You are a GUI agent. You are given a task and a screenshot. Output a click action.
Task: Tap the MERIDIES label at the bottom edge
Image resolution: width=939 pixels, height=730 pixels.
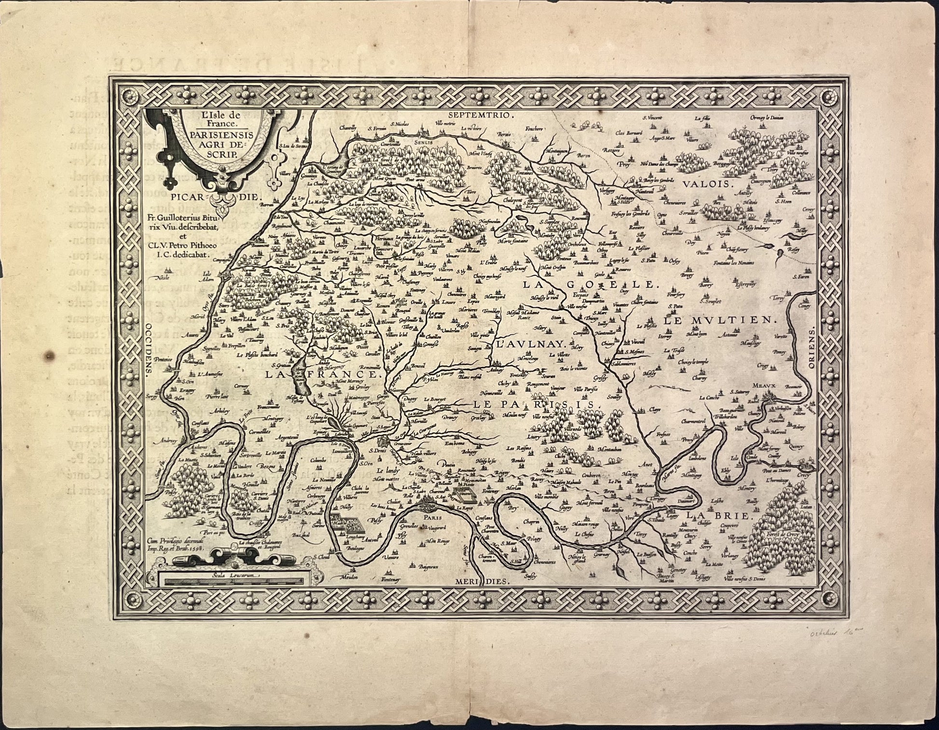tap(482, 582)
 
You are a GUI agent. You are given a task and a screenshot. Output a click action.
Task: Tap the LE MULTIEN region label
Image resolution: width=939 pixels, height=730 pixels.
tap(718, 320)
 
